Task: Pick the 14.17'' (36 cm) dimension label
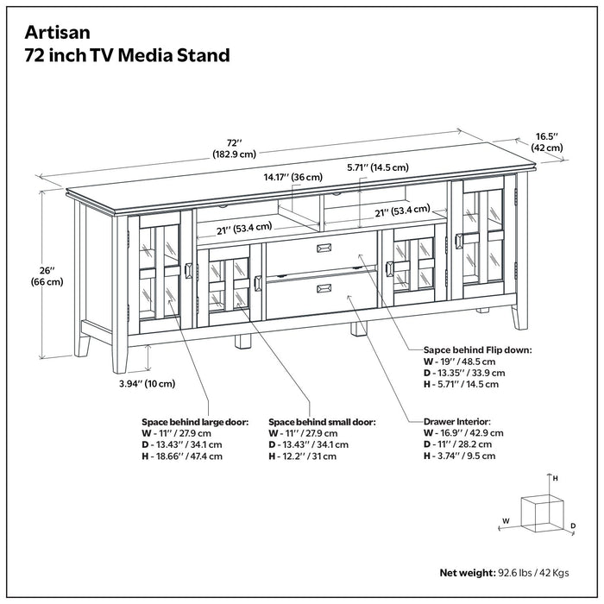(x=293, y=177)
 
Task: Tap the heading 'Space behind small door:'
(x=322, y=422)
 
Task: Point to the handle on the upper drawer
(x=325, y=249)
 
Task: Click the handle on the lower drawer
(x=325, y=288)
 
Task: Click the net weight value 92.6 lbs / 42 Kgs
(x=533, y=572)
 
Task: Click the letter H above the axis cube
(x=556, y=477)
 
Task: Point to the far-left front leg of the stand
(x=84, y=340)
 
